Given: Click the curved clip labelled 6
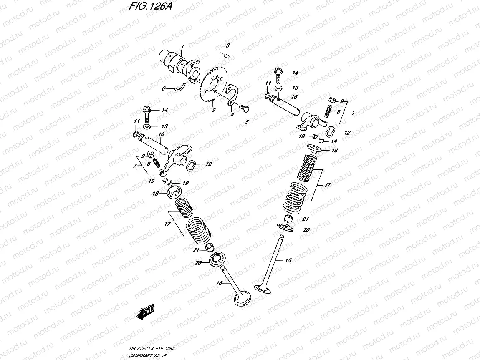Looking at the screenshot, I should (180, 87).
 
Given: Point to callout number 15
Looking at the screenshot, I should (288, 260).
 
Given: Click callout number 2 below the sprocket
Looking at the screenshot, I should (213, 110).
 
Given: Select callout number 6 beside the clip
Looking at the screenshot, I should (164, 88).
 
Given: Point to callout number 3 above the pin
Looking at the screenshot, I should (228, 45).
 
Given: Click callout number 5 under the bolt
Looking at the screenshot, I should (247, 122).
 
